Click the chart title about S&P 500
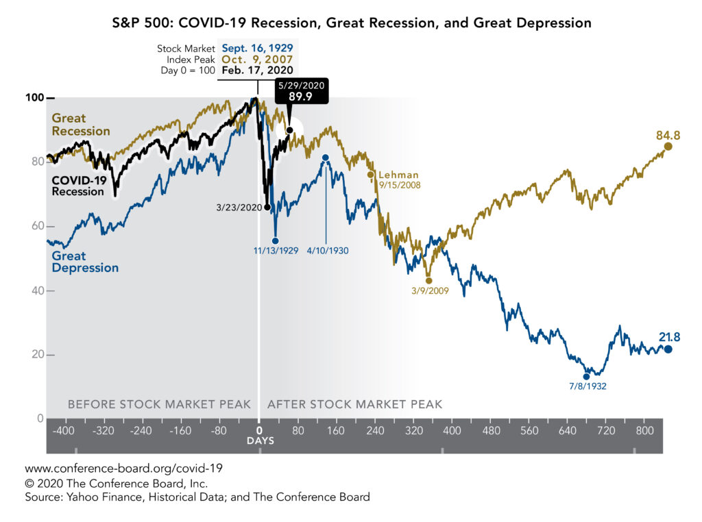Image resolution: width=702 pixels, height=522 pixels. click(351, 23)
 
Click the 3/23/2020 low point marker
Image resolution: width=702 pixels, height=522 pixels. click(267, 207)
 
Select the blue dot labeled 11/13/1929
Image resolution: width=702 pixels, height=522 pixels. click(276, 240)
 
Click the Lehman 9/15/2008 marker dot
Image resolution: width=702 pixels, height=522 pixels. click(371, 175)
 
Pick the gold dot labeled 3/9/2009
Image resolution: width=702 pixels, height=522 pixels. click(429, 280)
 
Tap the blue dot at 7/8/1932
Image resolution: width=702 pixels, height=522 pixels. click(586, 376)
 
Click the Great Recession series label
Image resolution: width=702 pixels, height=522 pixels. click(81, 125)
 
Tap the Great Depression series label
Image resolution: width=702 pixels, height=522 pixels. click(85, 262)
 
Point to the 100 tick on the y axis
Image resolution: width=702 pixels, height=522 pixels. click(36, 98)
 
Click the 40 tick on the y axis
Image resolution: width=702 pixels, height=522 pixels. click(36, 291)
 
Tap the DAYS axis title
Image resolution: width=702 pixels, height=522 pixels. click(260, 440)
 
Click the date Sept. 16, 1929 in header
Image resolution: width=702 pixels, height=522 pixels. click(257, 49)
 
